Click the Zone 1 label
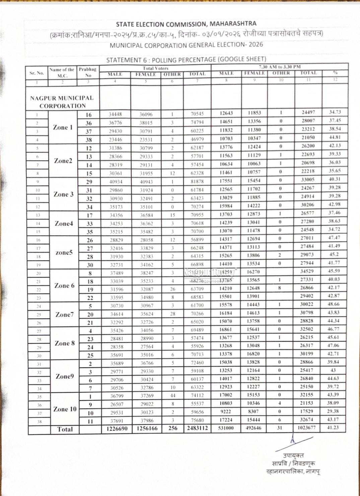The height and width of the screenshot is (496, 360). pyautogui.click(x=63, y=127)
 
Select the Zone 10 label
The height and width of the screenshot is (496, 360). pyautogui.click(x=65, y=409)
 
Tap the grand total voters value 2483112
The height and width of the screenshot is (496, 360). pyautogui.click(x=197, y=428)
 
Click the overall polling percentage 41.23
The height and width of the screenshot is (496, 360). pyautogui.click(x=333, y=427)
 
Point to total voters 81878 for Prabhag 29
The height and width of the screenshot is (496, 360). pyautogui.click(x=197, y=181)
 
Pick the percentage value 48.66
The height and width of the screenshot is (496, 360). pyautogui.click(x=334, y=304)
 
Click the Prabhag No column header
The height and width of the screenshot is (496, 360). pyautogui.click(x=88, y=72)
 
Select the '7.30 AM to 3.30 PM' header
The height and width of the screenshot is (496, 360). pyautogui.click(x=280, y=67)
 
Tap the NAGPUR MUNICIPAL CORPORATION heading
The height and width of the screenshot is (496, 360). pyautogui.click(x=62, y=102)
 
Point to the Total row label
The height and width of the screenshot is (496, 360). pyautogui.click(x=65, y=429)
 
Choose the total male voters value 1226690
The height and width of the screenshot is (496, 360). pyautogui.click(x=117, y=428)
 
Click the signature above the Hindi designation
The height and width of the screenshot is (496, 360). pyautogui.click(x=295, y=442)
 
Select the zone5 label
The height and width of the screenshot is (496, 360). pyautogui.click(x=64, y=253)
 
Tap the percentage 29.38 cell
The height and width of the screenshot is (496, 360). pyautogui.click(x=333, y=411)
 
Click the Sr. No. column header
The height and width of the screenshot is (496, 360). pyautogui.click(x=37, y=73)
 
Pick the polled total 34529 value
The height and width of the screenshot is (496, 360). pyautogui.click(x=307, y=271)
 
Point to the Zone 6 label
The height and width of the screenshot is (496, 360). pyautogui.click(x=64, y=285)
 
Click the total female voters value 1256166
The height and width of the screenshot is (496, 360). pyautogui.click(x=147, y=428)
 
